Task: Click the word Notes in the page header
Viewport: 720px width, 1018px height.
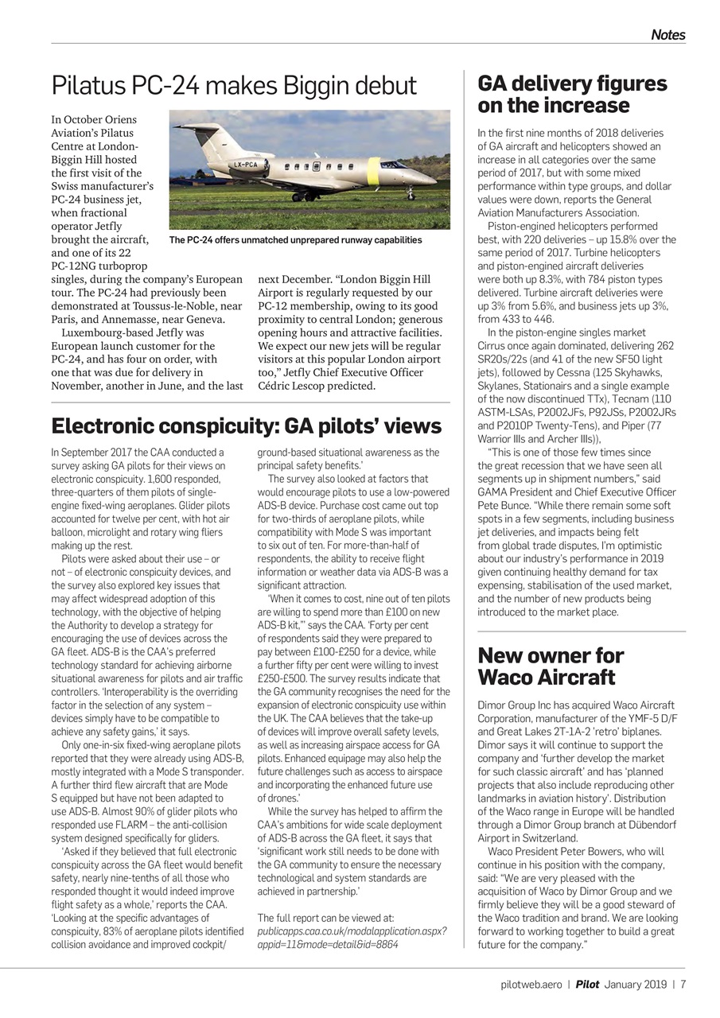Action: [667, 34]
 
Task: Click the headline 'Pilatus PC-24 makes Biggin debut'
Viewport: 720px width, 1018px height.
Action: [234, 85]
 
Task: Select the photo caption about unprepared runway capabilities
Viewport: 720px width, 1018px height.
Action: [295, 239]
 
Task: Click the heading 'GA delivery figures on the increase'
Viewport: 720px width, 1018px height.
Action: [572, 95]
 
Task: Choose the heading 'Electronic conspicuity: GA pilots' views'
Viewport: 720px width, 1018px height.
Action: [246, 427]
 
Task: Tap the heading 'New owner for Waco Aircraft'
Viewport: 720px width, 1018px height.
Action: [551, 666]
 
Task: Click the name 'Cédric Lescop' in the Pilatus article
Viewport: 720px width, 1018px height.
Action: [292, 387]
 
